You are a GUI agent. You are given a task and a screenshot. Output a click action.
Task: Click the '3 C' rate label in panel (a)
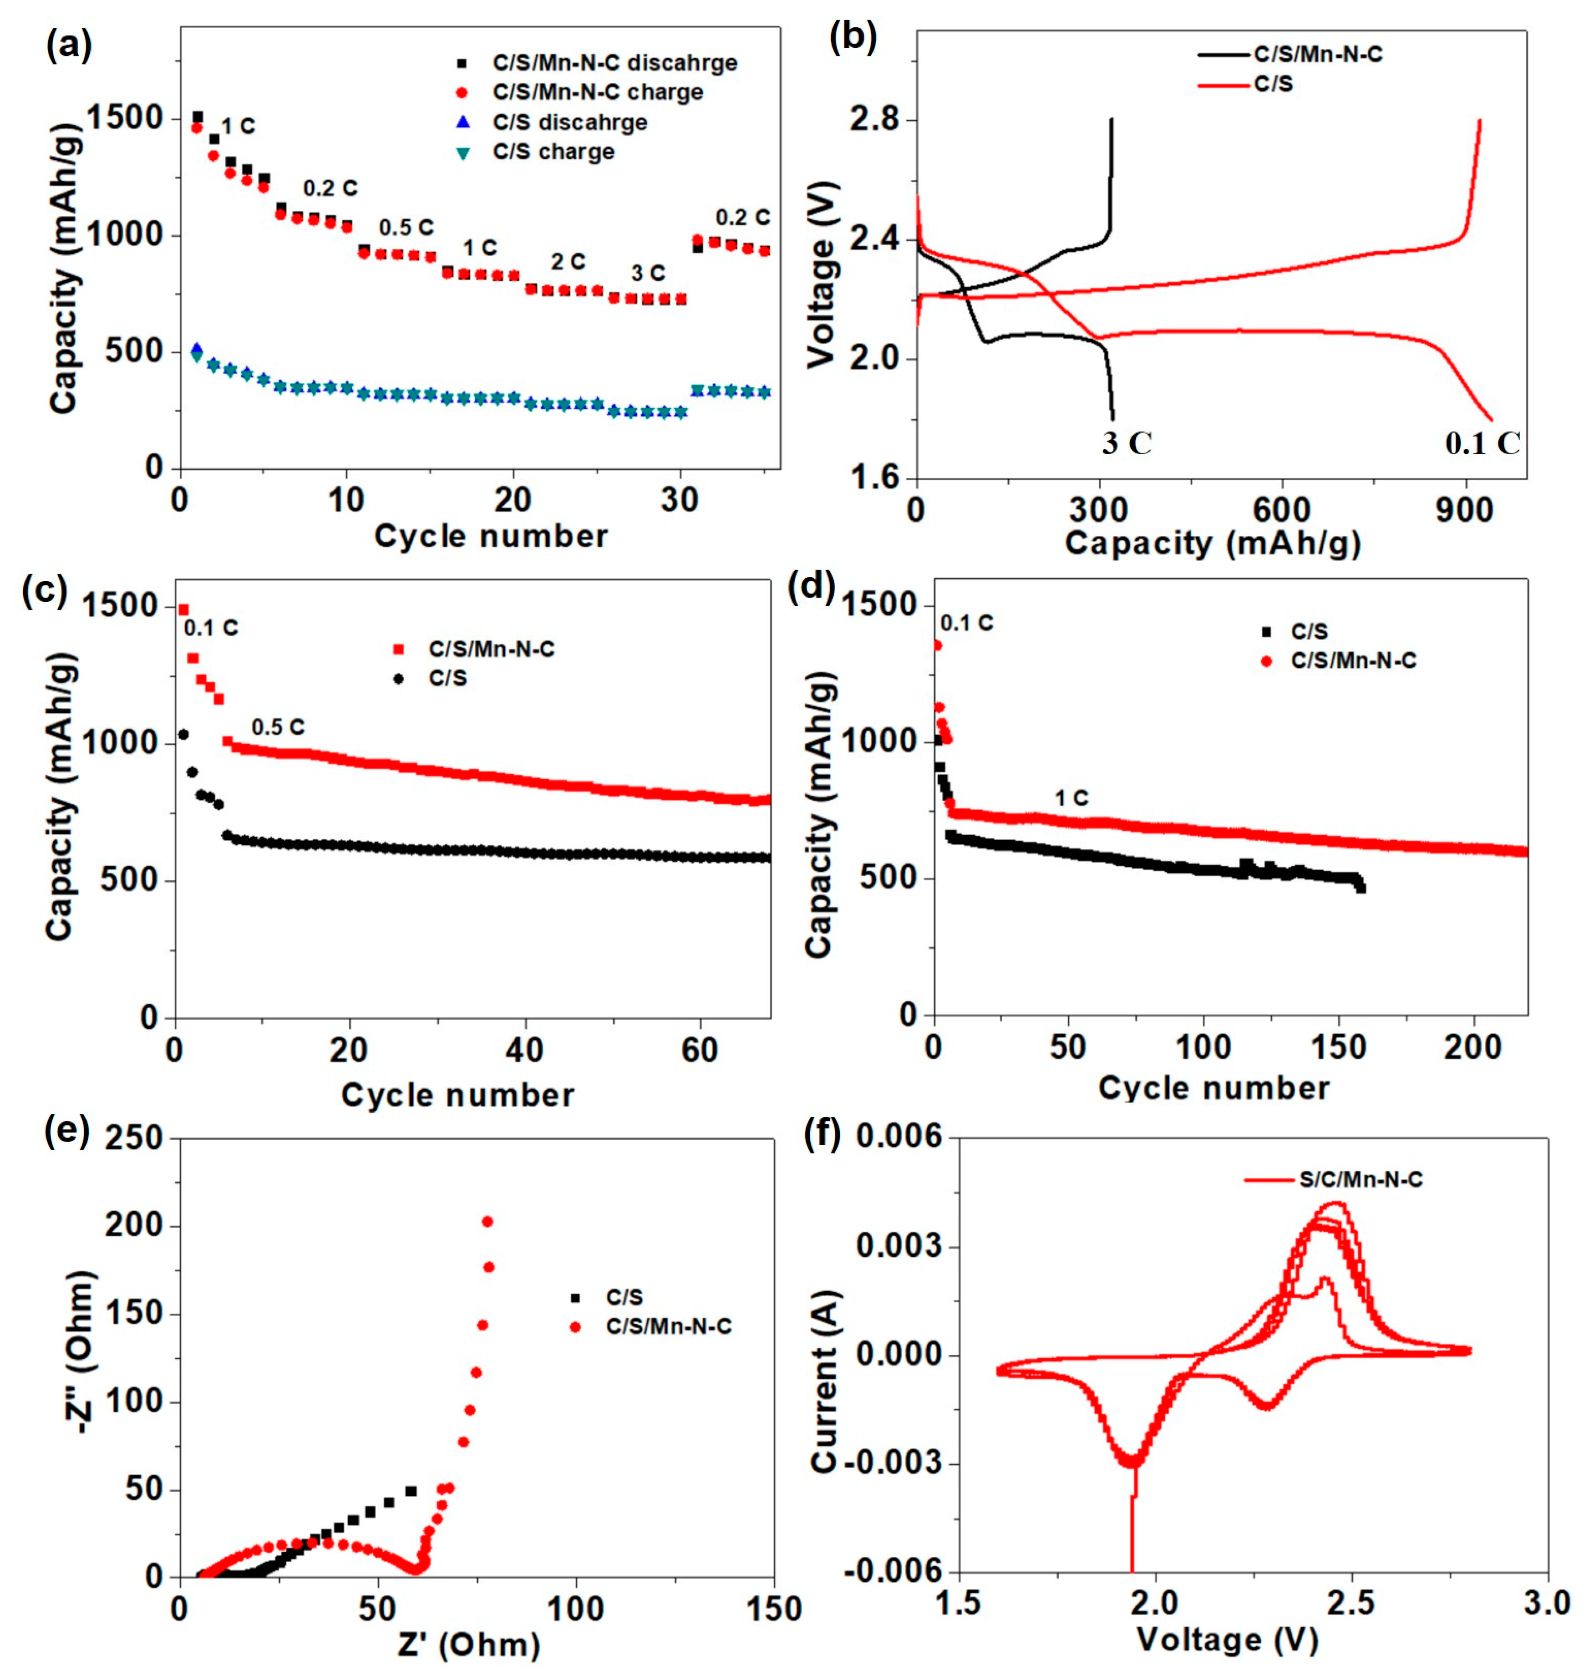[648, 274]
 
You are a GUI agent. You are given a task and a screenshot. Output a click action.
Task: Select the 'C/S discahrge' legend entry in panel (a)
[570, 122]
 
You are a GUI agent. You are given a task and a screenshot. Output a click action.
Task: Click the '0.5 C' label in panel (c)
[278, 726]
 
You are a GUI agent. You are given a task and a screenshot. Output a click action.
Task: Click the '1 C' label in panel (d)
[1071, 798]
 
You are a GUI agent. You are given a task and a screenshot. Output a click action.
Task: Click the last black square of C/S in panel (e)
[411, 1491]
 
